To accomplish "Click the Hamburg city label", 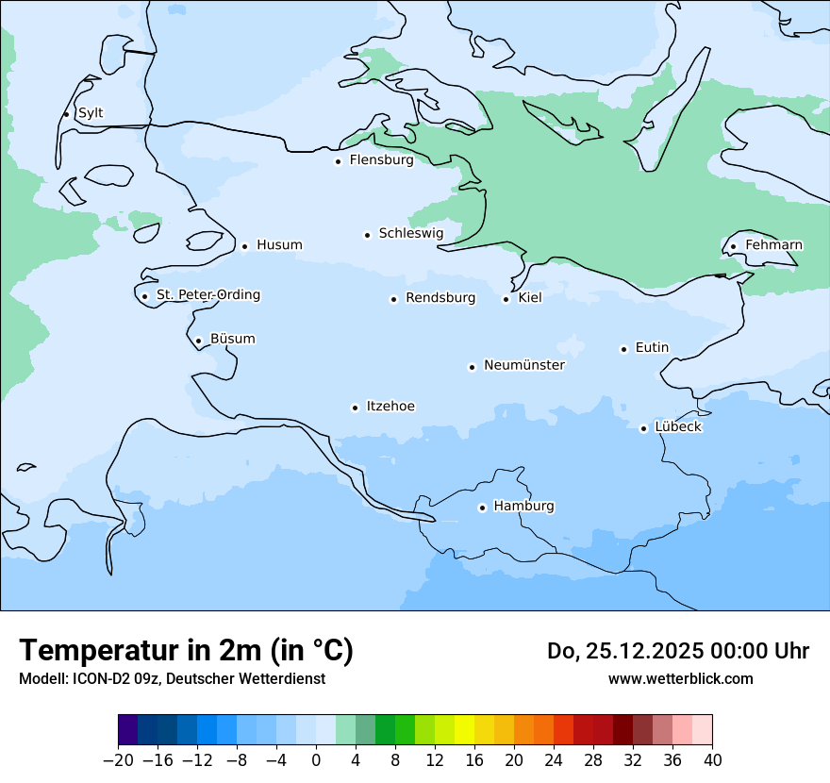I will click(x=523, y=507).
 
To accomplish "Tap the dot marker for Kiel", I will click(x=506, y=299).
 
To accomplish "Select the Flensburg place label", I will click(x=381, y=160).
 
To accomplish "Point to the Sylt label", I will click(x=91, y=113).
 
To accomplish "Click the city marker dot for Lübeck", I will click(x=643, y=428).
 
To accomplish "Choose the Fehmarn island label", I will click(x=773, y=245).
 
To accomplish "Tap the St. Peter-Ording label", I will click(x=207, y=295).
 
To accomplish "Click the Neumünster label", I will click(x=523, y=365).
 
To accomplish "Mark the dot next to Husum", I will click(x=244, y=246).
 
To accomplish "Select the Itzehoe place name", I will click(x=390, y=407).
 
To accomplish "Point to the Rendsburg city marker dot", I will click(x=393, y=299).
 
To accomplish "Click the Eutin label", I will click(x=652, y=348).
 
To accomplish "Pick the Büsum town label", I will click(x=232, y=339).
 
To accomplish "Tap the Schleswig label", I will click(x=410, y=233).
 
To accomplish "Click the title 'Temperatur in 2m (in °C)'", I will click(x=186, y=650).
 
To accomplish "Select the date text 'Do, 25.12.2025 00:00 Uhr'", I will click(x=677, y=651).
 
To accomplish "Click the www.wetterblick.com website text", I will click(x=680, y=678).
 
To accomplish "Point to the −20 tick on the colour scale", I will click(x=119, y=760).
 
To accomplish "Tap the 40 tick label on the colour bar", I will click(x=712, y=760).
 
